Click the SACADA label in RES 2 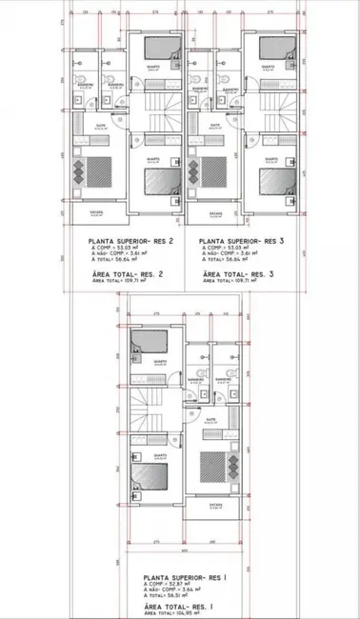pyautogui.click(x=96, y=211)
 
